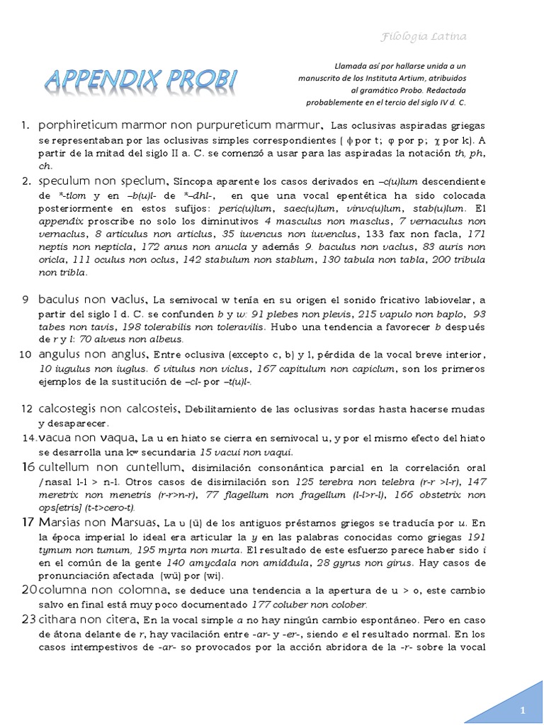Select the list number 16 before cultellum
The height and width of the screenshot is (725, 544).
click(x=28, y=467)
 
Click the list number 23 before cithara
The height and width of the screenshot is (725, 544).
click(x=28, y=619)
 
